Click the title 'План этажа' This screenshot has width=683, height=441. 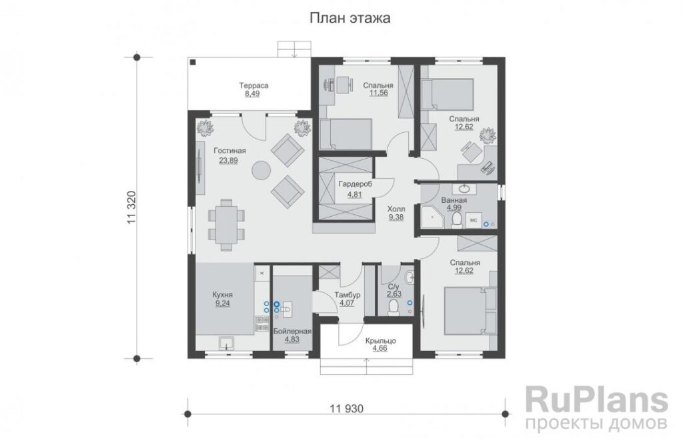pos(350,18)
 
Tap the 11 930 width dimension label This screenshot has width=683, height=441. pos(346,409)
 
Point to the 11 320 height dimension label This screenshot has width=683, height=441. pos(133,207)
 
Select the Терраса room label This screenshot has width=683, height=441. pos(254,85)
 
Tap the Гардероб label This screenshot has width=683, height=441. pos(355,184)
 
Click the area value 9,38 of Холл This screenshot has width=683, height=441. pos(396,217)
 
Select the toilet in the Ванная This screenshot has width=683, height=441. pos(456,220)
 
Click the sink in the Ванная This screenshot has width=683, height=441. pos(464,189)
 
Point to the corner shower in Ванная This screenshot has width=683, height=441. pos(432,218)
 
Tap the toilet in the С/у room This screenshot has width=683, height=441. pos(394,307)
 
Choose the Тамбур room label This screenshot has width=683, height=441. pos(347,295)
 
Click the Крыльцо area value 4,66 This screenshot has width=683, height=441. pos(380,349)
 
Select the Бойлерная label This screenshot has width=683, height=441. pos(292,331)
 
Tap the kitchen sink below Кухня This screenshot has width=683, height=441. pos(226,344)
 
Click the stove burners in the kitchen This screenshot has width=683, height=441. pos(261,324)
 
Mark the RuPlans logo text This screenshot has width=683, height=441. pos(597,400)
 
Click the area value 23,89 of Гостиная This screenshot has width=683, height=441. pos(228,160)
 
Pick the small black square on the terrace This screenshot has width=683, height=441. pos(193,62)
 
